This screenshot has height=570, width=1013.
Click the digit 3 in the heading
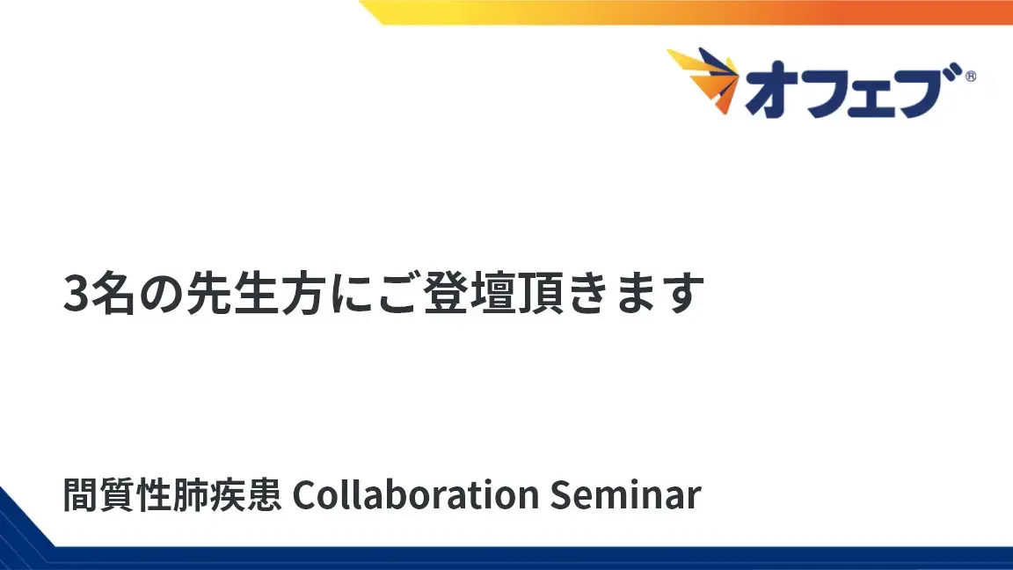click(x=76, y=294)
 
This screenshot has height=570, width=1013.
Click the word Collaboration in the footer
click(x=414, y=495)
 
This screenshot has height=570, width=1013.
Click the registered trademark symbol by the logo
click(x=970, y=77)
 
